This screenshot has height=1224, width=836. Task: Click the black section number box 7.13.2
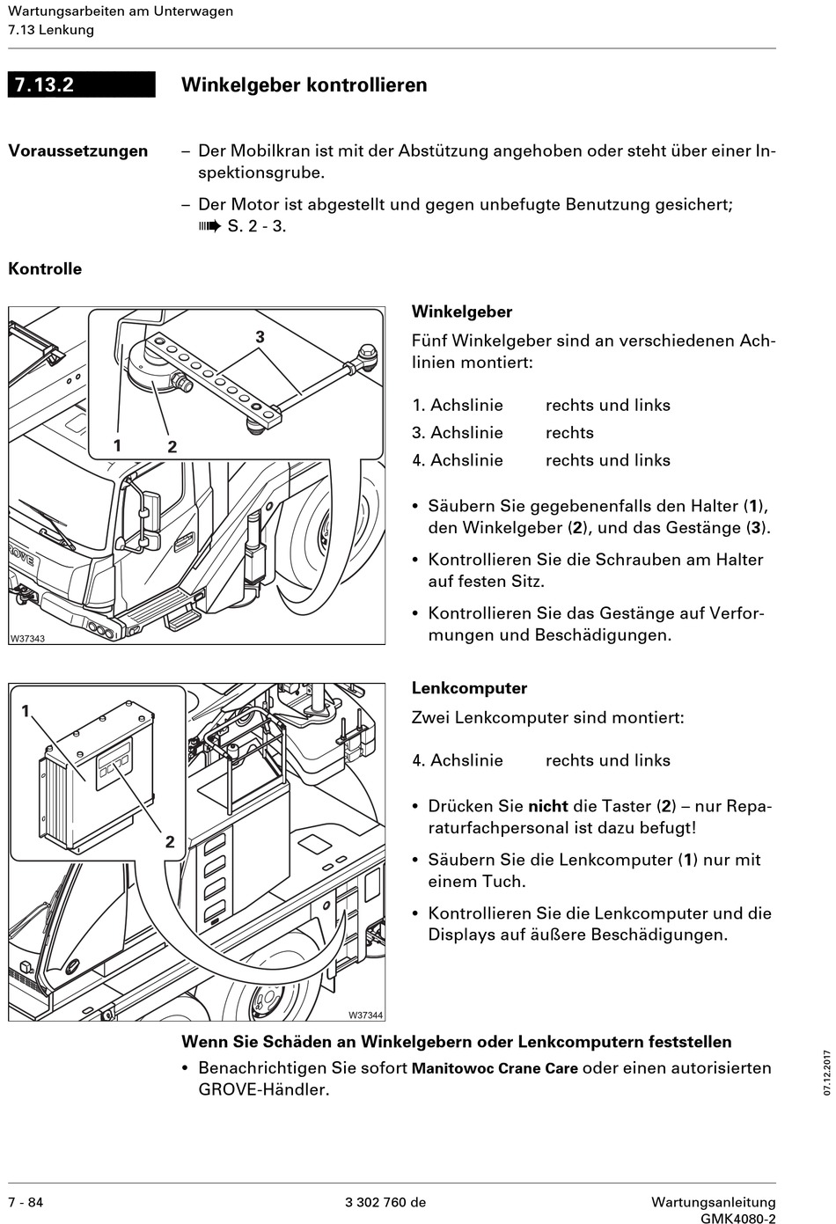click(x=81, y=84)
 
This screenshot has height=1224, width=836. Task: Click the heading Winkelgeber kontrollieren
click(x=304, y=84)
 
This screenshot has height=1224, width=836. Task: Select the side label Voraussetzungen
click(x=77, y=150)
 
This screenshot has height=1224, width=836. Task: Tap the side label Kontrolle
click(x=45, y=269)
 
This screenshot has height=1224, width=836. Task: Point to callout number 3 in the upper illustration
click(x=260, y=337)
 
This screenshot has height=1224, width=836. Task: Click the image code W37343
click(x=27, y=638)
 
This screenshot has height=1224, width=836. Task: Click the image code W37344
click(x=365, y=1015)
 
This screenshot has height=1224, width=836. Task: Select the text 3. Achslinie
click(x=458, y=433)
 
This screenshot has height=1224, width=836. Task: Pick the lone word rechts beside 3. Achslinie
click(x=569, y=433)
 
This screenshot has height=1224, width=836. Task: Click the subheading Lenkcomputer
click(x=469, y=688)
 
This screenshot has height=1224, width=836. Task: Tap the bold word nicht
click(x=547, y=806)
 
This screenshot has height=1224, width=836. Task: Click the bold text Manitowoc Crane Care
click(x=495, y=1068)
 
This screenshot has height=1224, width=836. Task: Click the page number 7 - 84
click(x=26, y=1202)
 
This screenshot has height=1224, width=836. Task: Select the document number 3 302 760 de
click(x=385, y=1202)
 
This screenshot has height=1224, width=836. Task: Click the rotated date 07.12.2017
click(x=827, y=1072)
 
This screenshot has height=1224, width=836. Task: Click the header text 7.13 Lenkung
click(x=51, y=30)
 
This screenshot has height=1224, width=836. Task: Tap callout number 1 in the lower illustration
click(x=26, y=710)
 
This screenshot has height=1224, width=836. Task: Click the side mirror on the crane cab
click(x=147, y=519)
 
